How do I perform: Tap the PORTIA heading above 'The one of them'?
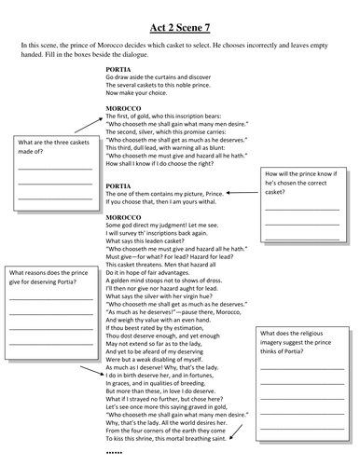coord(119,186)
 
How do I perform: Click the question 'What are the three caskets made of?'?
coord(49,147)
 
